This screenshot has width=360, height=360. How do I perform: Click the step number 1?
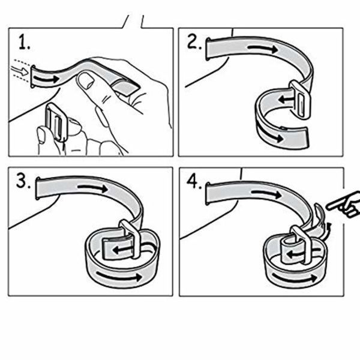pos(24,42)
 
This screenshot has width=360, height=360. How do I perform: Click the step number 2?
pos(194,41)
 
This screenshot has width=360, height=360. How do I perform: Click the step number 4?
pos(194,182)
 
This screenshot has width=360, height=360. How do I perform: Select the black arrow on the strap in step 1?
pos(46,79)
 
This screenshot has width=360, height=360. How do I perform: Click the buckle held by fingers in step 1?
pos(56,122)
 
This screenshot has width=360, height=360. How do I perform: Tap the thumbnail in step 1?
pos(85,80)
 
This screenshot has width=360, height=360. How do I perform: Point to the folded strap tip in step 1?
pos(125,87)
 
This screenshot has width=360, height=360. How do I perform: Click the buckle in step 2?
pos(300,99)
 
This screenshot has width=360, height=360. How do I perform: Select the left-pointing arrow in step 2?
pos(286,100)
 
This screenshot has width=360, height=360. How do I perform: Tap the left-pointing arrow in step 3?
pos(122,250)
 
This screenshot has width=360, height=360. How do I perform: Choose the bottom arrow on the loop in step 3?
pos(119,276)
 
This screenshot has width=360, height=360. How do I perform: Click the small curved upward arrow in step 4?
pos(328,229)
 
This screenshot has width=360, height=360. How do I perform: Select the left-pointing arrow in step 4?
pos(297,254)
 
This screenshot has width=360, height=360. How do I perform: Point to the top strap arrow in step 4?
pos(266,193)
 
